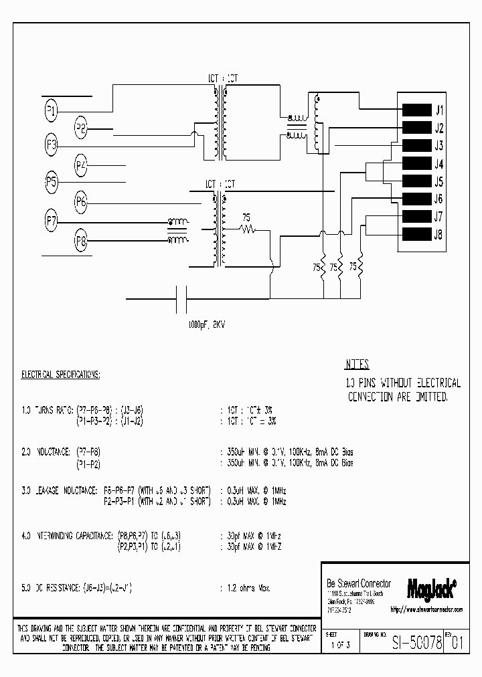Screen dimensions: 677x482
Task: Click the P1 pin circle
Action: pyautogui.click(x=52, y=110)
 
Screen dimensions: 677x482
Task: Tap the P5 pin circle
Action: pyautogui.click(x=52, y=182)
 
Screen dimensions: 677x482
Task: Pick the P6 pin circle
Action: pyautogui.click(x=81, y=201)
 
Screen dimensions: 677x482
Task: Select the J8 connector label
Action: pyautogui.click(x=439, y=234)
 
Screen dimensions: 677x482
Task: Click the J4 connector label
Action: pyautogui.click(x=439, y=164)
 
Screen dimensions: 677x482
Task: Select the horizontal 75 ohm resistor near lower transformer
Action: pyautogui.click(x=248, y=229)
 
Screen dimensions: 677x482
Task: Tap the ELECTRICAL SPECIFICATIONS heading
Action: pyautogui.click(x=61, y=375)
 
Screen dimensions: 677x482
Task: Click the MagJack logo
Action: pyautogui.click(x=431, y=587)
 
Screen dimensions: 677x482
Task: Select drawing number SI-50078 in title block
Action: pyautogui.click(x=416, y=644)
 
